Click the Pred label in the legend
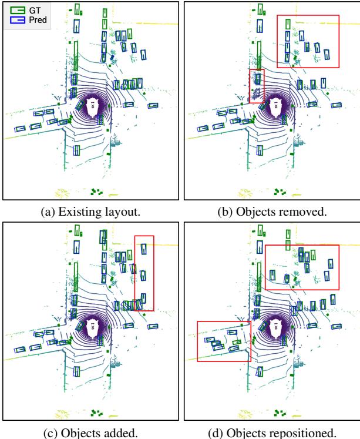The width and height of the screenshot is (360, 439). click(39, 19)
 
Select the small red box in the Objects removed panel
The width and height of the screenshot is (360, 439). click(257, 86)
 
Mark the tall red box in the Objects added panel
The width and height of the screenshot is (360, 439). click(144, 273)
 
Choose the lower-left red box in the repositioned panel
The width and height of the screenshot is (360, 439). click(223, 341)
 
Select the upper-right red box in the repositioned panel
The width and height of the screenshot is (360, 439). click(302, 266)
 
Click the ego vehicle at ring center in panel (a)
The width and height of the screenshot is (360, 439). click(92, 106)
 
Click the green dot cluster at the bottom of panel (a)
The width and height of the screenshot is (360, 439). click(96, 191)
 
